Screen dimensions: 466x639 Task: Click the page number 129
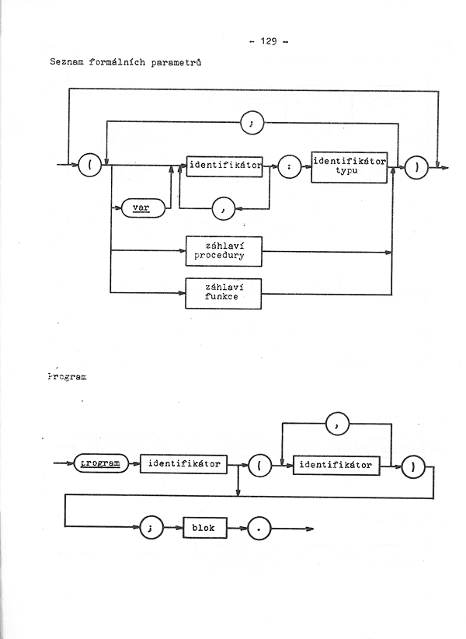tap(269, 41)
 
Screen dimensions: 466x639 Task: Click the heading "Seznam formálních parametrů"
tap(125, 62)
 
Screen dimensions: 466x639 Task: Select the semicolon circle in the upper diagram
tap(252, 123)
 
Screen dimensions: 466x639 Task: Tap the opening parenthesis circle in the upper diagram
tap(89, 166)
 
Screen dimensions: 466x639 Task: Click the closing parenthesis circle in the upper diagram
tap(417, 167)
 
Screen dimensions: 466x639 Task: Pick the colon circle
tap(290, 166)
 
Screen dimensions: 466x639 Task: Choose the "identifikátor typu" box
tap(349, 167)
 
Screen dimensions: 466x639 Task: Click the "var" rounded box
tap(143, 208)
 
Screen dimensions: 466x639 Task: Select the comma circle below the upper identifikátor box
tap(224, 208)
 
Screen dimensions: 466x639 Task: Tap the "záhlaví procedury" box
tap(224, 251)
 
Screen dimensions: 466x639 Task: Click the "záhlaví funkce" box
tap(224, 293)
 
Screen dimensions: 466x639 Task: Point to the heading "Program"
tap(67, 377)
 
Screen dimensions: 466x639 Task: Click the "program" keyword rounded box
tap(101, 463)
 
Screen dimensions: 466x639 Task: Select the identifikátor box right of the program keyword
tap(183, 464)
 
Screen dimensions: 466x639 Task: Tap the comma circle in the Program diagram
tap(338, 424)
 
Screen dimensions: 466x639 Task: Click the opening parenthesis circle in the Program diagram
tap(259, 466)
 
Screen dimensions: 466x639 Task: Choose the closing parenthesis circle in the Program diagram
tap(413, 467)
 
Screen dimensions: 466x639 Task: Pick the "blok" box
tap(205, 528)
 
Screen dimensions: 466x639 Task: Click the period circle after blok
tap(259, 529)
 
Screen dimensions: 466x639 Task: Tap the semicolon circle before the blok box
tap(151, 528)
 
